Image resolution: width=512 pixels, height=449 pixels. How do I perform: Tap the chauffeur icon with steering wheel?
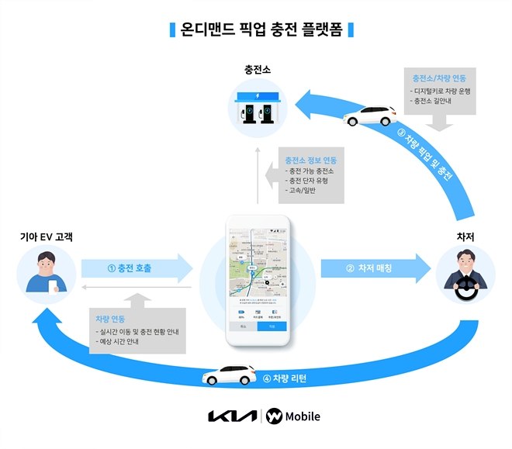[x=465, y=275]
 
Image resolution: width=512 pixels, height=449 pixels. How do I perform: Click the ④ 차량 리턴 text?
[x=285, y=378]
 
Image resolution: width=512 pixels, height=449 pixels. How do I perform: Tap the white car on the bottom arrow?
[x=230, y=375]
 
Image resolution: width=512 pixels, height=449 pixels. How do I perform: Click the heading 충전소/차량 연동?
[x=439, y=78]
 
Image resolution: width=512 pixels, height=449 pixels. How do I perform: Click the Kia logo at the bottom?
[x=231, y=416]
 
